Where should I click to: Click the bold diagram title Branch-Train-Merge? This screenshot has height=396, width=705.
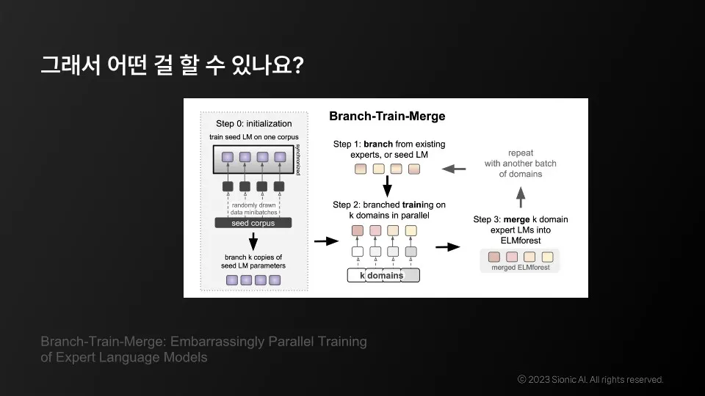point(387,116)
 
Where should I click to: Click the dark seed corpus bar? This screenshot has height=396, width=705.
point(253,223)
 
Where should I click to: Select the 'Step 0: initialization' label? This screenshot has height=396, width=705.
point(254,123)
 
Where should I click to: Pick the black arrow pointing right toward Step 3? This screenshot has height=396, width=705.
point(446,247)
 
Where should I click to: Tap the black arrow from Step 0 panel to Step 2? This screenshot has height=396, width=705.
point(322,240)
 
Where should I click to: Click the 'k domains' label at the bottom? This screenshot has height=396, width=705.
point(382,276)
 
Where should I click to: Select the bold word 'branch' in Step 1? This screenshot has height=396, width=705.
point(379,144)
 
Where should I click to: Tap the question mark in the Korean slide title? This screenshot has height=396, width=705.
point(297,65)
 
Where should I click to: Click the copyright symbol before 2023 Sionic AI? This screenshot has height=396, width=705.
point(521,379)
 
